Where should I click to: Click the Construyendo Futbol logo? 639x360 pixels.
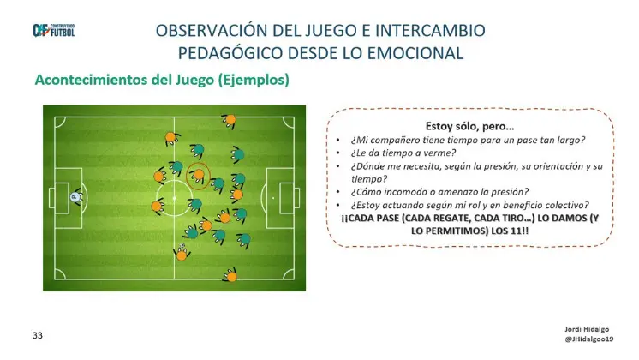[x=53, y=31]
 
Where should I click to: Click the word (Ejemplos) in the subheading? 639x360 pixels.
[x=254, y=80]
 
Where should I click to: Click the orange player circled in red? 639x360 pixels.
[x=199, y=176]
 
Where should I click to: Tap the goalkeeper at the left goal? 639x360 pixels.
[x=75, y=197]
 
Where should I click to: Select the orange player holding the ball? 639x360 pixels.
[x=182, y=255]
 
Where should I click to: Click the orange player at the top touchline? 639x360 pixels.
[x=230, y=120]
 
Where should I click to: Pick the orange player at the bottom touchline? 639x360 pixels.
[x=231, y=276]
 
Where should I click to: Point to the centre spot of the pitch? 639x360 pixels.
[x=175, y=198]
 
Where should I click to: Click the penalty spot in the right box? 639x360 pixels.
[x=273, y=198]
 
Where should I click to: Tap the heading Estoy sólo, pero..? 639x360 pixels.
[x=469, y=126]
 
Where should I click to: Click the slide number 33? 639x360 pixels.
[x=38, y=335]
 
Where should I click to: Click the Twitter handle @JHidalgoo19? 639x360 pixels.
[x=588, y=339]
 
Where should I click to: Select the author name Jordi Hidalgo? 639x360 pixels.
[x=587, y=329]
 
